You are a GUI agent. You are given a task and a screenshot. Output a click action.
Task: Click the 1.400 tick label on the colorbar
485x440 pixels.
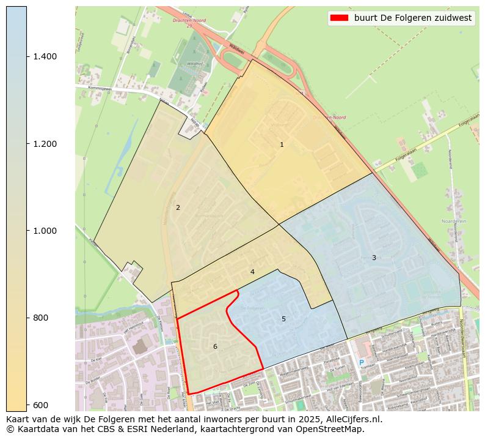[45, 56]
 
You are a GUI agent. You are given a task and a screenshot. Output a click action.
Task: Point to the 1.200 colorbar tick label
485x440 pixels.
[45, 144]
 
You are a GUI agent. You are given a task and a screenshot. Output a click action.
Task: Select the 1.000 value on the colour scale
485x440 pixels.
[45, 231]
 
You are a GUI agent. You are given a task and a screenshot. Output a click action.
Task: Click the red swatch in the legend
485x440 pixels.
[339, 18]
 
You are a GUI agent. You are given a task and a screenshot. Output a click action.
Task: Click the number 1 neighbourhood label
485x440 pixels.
[282, 145]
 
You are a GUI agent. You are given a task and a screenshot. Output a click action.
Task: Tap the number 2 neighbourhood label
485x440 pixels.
[178, 207]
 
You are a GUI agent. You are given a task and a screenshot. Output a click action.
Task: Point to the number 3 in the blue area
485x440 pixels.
[374, 258]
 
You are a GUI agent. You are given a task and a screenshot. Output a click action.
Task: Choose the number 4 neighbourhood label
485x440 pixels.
[252, 272]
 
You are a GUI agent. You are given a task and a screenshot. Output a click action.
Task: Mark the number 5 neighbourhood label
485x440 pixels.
[283, 319]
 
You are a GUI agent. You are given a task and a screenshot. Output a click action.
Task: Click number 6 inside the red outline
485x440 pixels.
[215, 346]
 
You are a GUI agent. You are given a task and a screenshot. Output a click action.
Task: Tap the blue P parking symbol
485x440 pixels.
[361, 363]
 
